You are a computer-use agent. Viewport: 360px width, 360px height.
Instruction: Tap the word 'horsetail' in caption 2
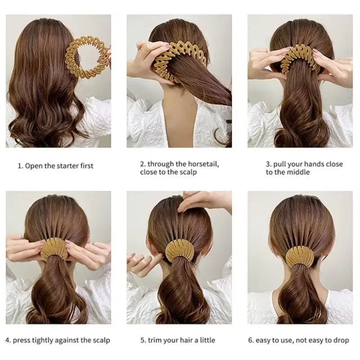pyautogui.click(x=200, y=164)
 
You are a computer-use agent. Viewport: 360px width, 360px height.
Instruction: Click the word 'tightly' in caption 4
pyautogui.click(x=43, y=340)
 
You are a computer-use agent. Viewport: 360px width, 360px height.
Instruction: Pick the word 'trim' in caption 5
pyautogui.click(x=155, y=340)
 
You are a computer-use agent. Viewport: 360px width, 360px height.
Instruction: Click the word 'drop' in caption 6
pyautogui.click(x=340, y=340)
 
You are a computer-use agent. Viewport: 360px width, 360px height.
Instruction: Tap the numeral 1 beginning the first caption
pyautogui.click(x=19, y=166)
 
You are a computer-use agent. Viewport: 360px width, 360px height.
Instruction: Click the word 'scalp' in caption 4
pyautogui.click(x=100, y=340)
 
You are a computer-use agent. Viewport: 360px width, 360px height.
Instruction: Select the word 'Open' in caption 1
pyautogui.click(x=33, y=166)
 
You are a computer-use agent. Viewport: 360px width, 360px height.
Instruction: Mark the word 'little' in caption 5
pyautogui.click(x=206, y=340)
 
